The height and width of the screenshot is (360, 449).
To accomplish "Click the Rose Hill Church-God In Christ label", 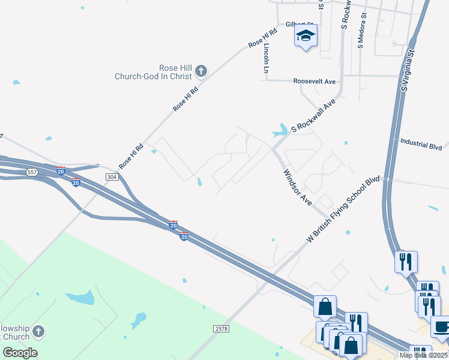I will click(x=154, y=72).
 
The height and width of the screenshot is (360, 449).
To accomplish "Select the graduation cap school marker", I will click(x=306, y=37).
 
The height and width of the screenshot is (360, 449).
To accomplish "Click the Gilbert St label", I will click(x=300, y=24).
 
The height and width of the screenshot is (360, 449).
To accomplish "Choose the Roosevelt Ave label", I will click(x=315, y=81).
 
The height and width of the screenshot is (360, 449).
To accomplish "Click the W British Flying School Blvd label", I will click(x=343, y=209).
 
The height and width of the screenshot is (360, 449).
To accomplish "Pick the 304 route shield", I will click(x=111, y=177).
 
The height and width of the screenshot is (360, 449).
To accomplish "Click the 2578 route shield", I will click(x=221, y=329).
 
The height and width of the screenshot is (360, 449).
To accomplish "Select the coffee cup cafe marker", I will click(x=441, y=326).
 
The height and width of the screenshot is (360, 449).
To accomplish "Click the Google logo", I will click(x=20, y=352).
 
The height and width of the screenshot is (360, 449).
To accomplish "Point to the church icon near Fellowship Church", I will click(x=38, y=332).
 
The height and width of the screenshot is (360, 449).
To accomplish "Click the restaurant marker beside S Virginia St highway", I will click(x=405, y=261).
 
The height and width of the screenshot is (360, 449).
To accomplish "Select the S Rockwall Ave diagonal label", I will click(x=312, y=116).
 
